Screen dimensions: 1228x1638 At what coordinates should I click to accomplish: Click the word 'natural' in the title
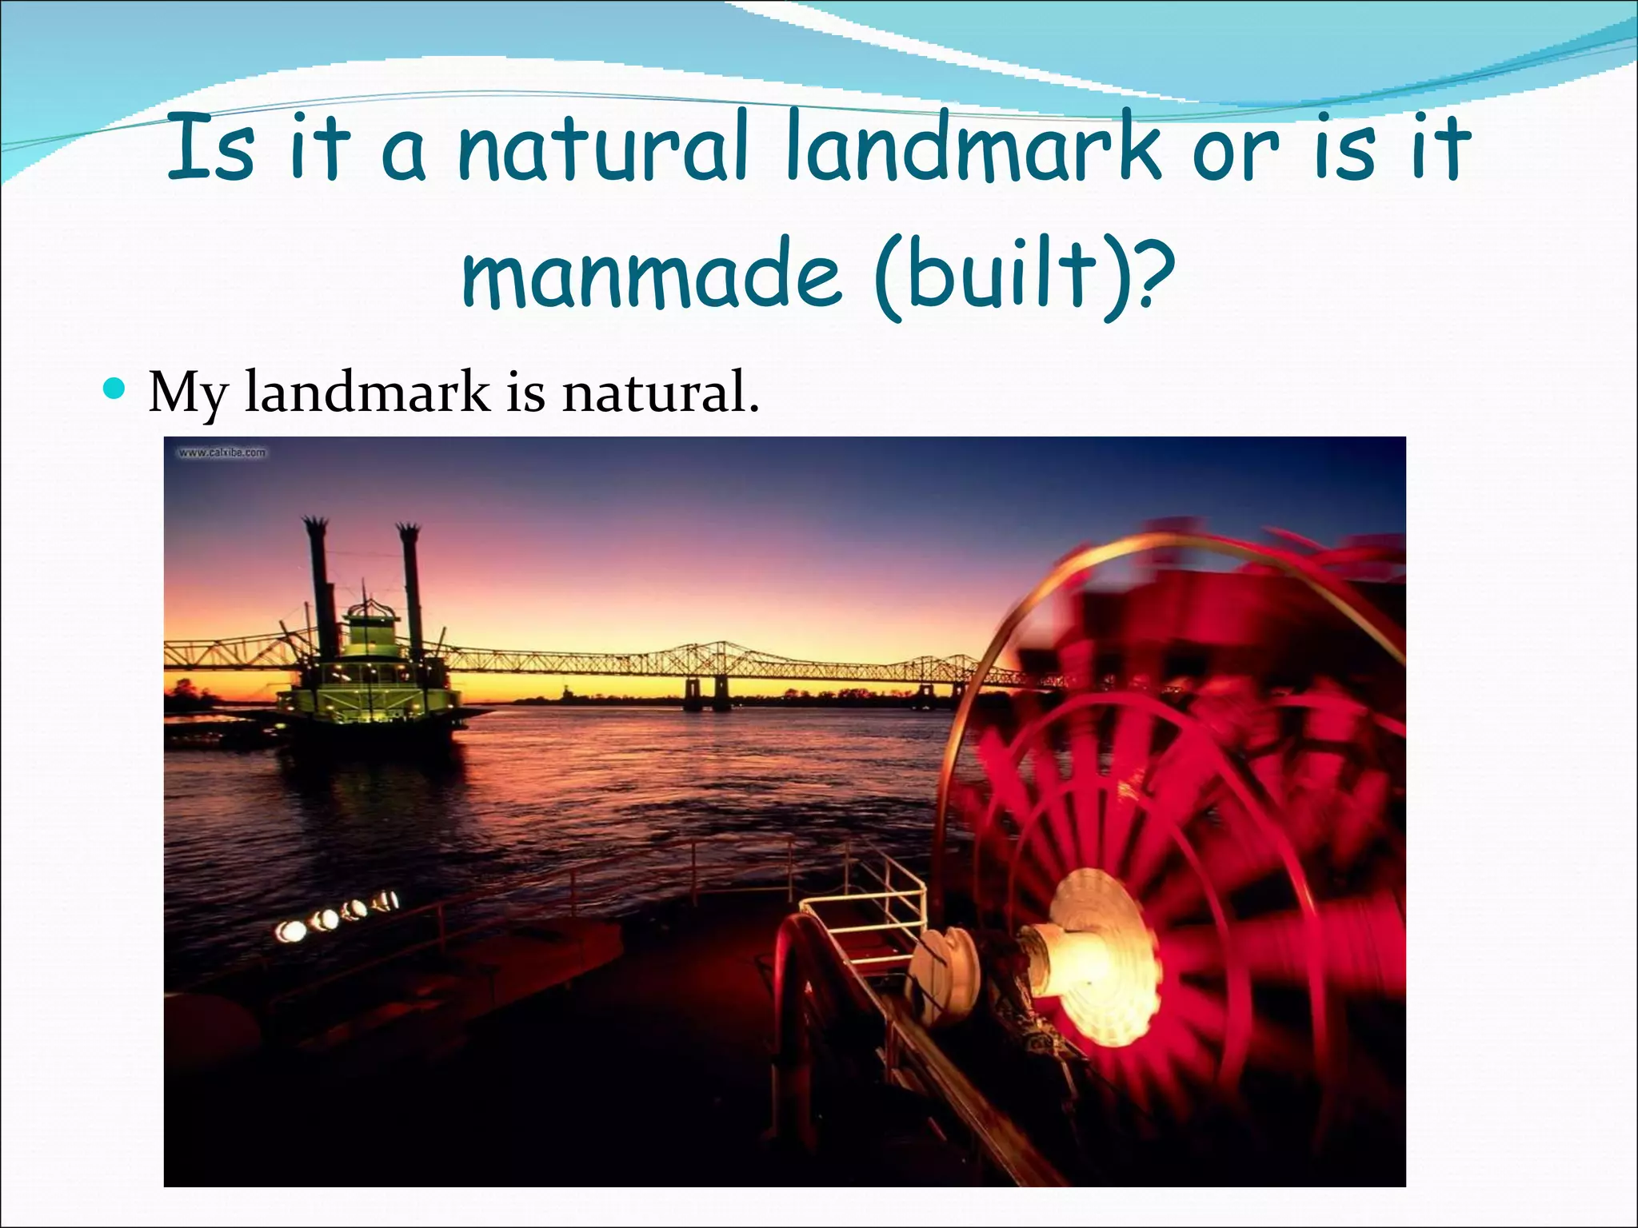pos(603,149)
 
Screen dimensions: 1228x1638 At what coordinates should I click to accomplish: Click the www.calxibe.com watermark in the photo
pos(222,453)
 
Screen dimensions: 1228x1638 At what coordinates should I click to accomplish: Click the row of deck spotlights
pos(336,916)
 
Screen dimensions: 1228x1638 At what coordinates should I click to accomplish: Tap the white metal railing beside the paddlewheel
pos(864,903)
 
